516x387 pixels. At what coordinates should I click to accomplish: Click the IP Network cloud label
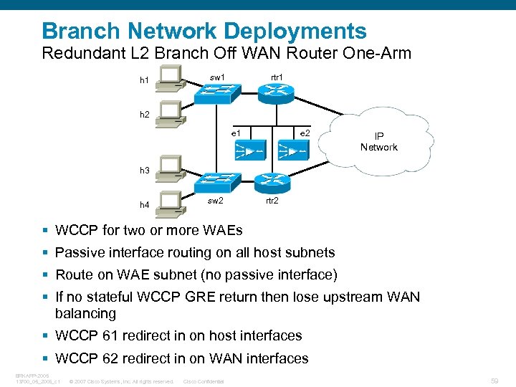coord(378,142)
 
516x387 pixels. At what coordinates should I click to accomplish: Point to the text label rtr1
coord(276,77)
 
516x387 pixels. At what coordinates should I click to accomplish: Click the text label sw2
coord(215,201)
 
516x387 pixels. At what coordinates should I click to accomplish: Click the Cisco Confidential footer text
coord(204,381)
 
